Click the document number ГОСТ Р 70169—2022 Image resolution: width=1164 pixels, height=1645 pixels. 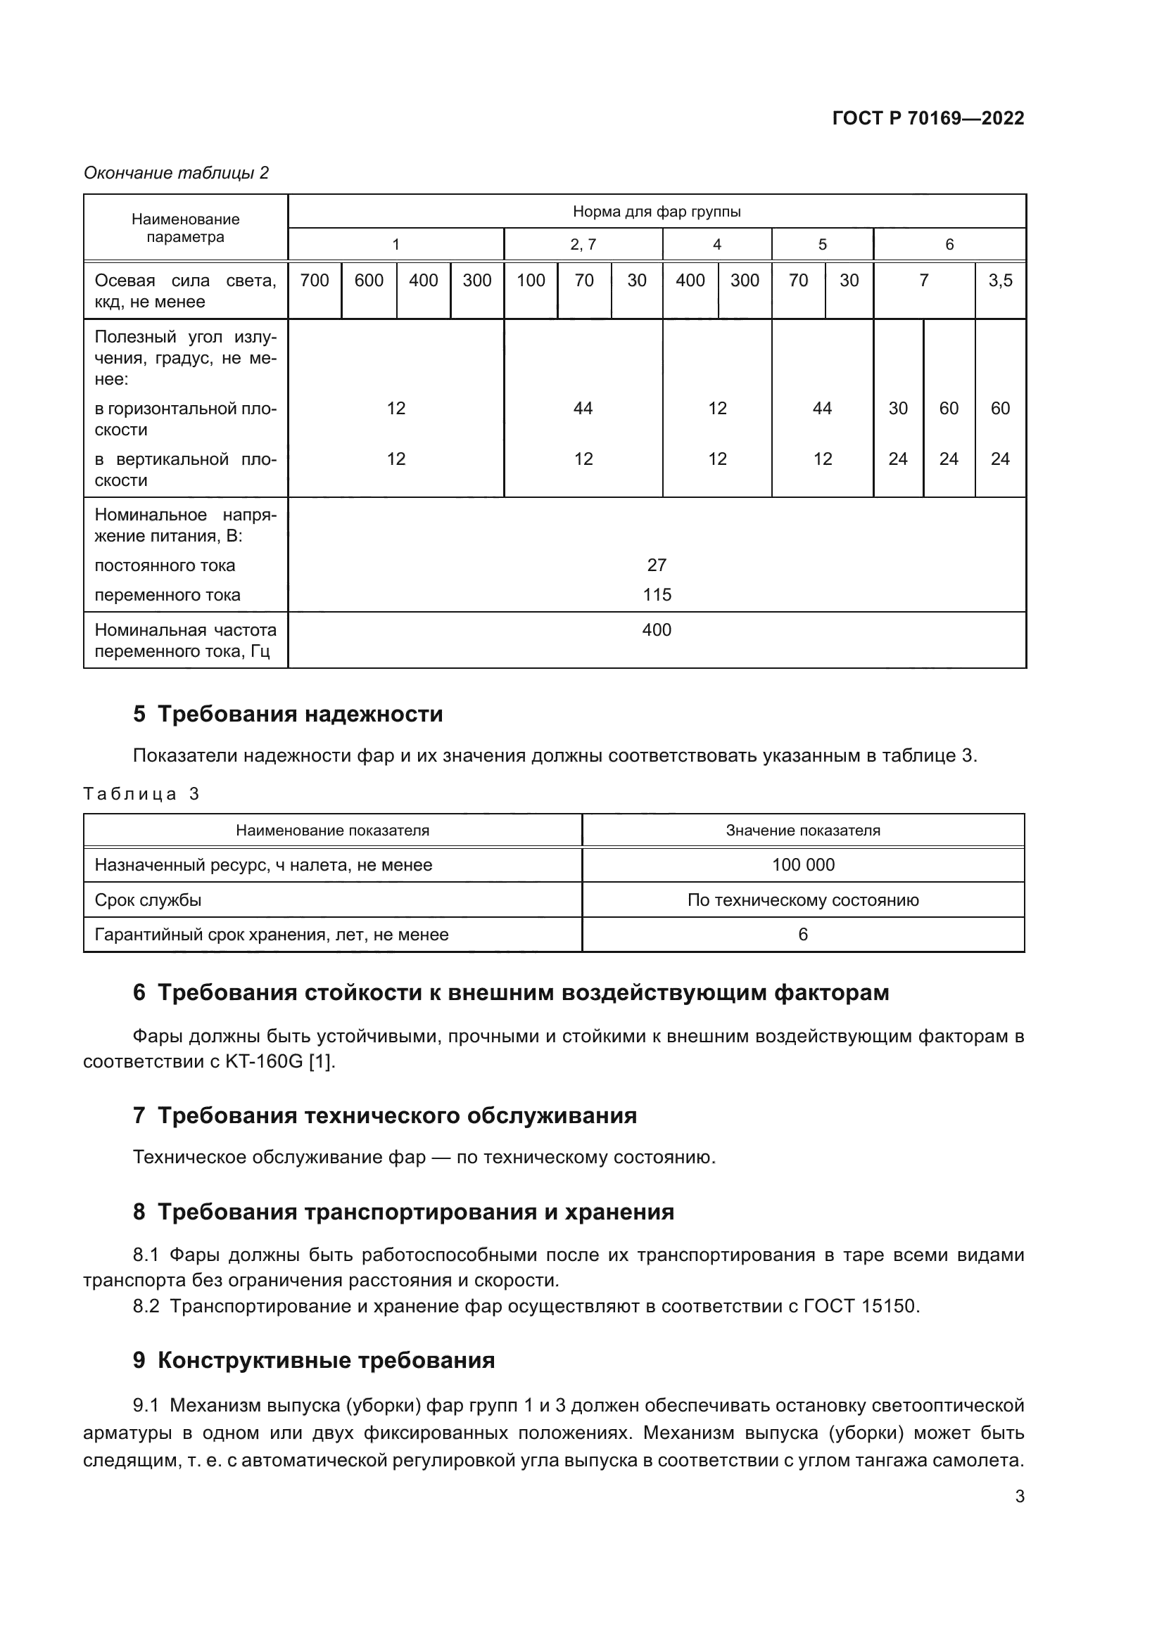click(928, 118)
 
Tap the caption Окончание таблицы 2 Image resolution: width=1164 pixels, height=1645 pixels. click(177, 173)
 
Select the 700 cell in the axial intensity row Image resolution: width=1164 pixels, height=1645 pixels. click(315, 280)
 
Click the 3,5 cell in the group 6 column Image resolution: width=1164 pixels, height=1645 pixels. click(1000, 280)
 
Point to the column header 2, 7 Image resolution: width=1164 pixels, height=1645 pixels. click(583, 244)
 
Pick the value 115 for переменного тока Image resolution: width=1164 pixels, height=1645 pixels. click(657, 595)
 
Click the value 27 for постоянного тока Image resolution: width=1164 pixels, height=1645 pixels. click(657, 565)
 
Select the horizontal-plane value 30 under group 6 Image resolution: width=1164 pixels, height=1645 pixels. click(897, 409)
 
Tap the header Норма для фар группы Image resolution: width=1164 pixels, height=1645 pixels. click(657, 212)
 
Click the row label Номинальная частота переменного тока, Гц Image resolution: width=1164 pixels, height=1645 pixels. click(186, 641)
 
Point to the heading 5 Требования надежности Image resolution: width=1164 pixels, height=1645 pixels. click(288, 715)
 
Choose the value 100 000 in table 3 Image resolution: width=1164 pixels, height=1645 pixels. click(803, 865)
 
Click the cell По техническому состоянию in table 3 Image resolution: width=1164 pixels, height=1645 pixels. click(803, 900)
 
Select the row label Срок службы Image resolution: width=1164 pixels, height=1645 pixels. click(148, 900)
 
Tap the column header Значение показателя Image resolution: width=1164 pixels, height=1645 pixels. click(803, 831)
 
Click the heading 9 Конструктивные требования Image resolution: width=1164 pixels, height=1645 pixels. click(314, 1361)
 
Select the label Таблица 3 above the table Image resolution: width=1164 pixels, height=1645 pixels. click(141, 794)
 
